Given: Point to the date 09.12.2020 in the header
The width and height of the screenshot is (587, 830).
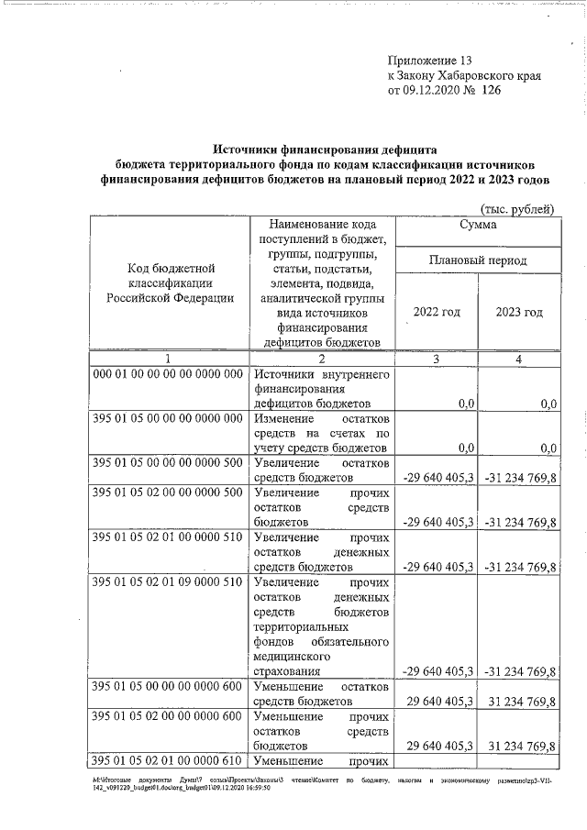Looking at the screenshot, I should (x=435, y=92).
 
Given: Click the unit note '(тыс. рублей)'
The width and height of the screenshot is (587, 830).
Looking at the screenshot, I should (x=517, y=209).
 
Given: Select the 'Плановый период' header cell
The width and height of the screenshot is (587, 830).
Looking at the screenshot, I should (x=479, y=260).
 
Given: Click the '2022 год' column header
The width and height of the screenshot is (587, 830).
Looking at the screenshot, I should (x=437, y=313).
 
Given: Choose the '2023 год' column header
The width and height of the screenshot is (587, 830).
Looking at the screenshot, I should (x=519, y=313).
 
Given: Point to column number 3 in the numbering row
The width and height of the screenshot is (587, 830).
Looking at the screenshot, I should (x=437, y=360).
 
